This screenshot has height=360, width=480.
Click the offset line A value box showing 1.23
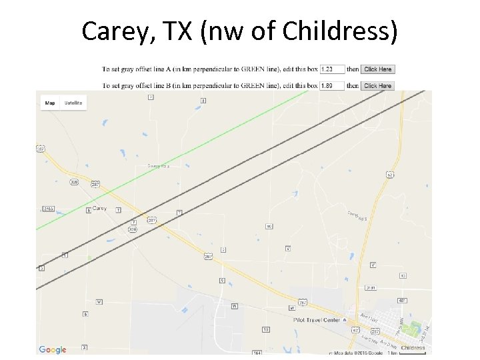tap(332, 69)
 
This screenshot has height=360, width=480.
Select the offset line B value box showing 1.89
tap(332, 85)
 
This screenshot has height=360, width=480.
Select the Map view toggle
tap(50, 103)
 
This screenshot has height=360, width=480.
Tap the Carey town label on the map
tap(99, 209)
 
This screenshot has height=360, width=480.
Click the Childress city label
tap(413, 348)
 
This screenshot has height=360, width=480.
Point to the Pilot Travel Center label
tap(317, 320)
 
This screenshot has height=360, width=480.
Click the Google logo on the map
tap(52, 349)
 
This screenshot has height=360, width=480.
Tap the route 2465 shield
tap(48, 209)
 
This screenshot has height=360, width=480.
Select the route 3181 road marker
tap(371, 288)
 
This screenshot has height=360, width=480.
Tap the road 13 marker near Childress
tap(402, 275)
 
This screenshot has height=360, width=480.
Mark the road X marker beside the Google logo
tap(84, 347)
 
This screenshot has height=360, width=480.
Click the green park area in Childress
tap(415, 328)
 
